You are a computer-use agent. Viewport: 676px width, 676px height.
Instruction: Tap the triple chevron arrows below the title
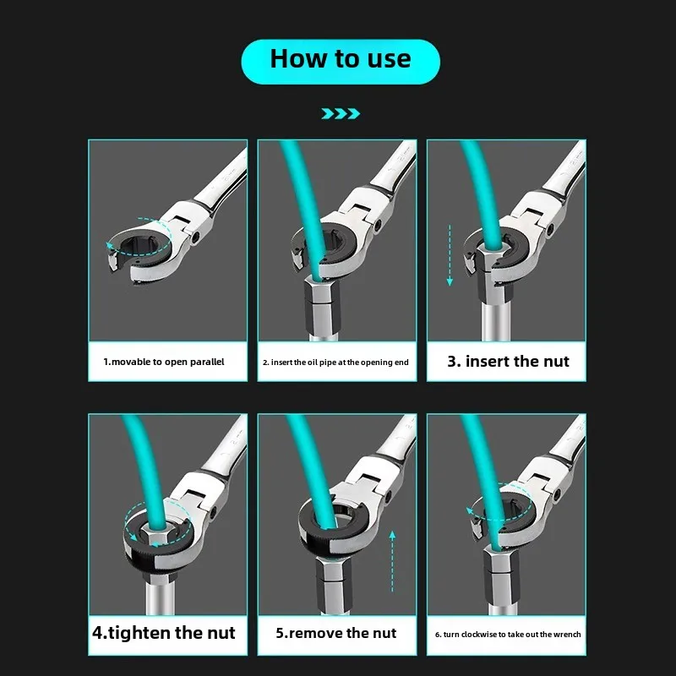click(x=341, y=113)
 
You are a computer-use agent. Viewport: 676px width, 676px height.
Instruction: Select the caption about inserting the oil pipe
click(x=336, y=362)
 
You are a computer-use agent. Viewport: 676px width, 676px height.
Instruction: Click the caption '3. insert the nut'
click(x=507, y=361)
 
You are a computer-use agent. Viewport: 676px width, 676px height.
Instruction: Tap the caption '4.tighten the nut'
click(x=164, y=633)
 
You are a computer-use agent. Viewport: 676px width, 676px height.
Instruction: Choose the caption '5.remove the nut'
click(x=337, y=633)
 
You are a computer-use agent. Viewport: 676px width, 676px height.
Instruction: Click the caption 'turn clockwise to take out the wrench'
click(x=507, y=634)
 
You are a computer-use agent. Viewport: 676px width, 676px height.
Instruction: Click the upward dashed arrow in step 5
click(x=392, y=566)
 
